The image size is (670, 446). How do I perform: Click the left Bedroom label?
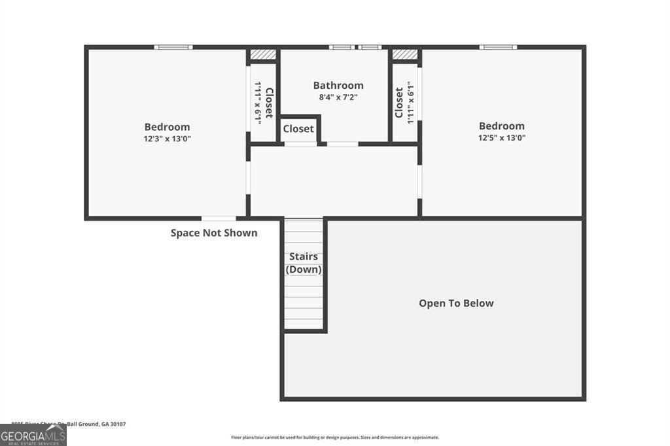(167, 127)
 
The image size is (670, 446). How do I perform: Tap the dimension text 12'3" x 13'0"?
(167, 139)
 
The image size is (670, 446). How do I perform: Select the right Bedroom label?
(502, 126)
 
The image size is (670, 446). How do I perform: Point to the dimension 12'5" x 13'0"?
(502, 137)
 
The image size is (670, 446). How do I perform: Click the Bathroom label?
(338, 85)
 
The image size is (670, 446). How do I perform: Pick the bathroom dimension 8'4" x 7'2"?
(338, 97)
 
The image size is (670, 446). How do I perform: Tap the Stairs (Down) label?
(304, 263)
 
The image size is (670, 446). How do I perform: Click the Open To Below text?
(456, 303)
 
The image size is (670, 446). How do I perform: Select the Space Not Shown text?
(214, 233)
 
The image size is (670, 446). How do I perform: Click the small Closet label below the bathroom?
(298, 129)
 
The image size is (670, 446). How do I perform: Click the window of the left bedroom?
(173, 47)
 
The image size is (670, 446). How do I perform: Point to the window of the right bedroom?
(498, 47)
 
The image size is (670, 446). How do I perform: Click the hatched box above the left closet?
(264, 55)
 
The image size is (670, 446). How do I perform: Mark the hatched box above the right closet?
(405, 55)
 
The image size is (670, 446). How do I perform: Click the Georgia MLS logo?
(33, 435)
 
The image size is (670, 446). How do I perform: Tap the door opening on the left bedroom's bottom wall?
(219, 218)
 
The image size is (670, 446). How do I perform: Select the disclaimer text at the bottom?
(334, 437)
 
